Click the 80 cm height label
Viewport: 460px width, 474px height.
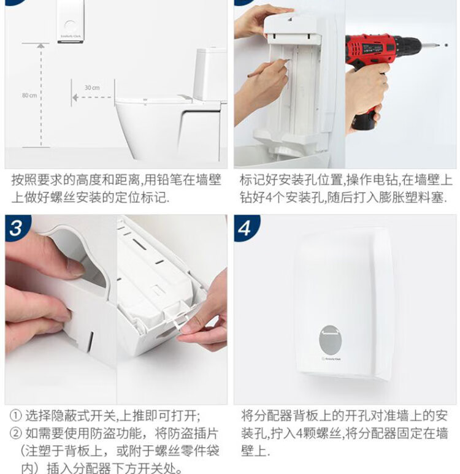29,95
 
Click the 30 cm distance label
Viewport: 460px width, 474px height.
91,88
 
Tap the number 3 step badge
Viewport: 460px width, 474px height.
17,229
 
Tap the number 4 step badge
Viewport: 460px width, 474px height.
245,229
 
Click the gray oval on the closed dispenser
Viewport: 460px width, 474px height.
338,338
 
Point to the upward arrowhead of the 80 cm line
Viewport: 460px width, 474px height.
40,46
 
